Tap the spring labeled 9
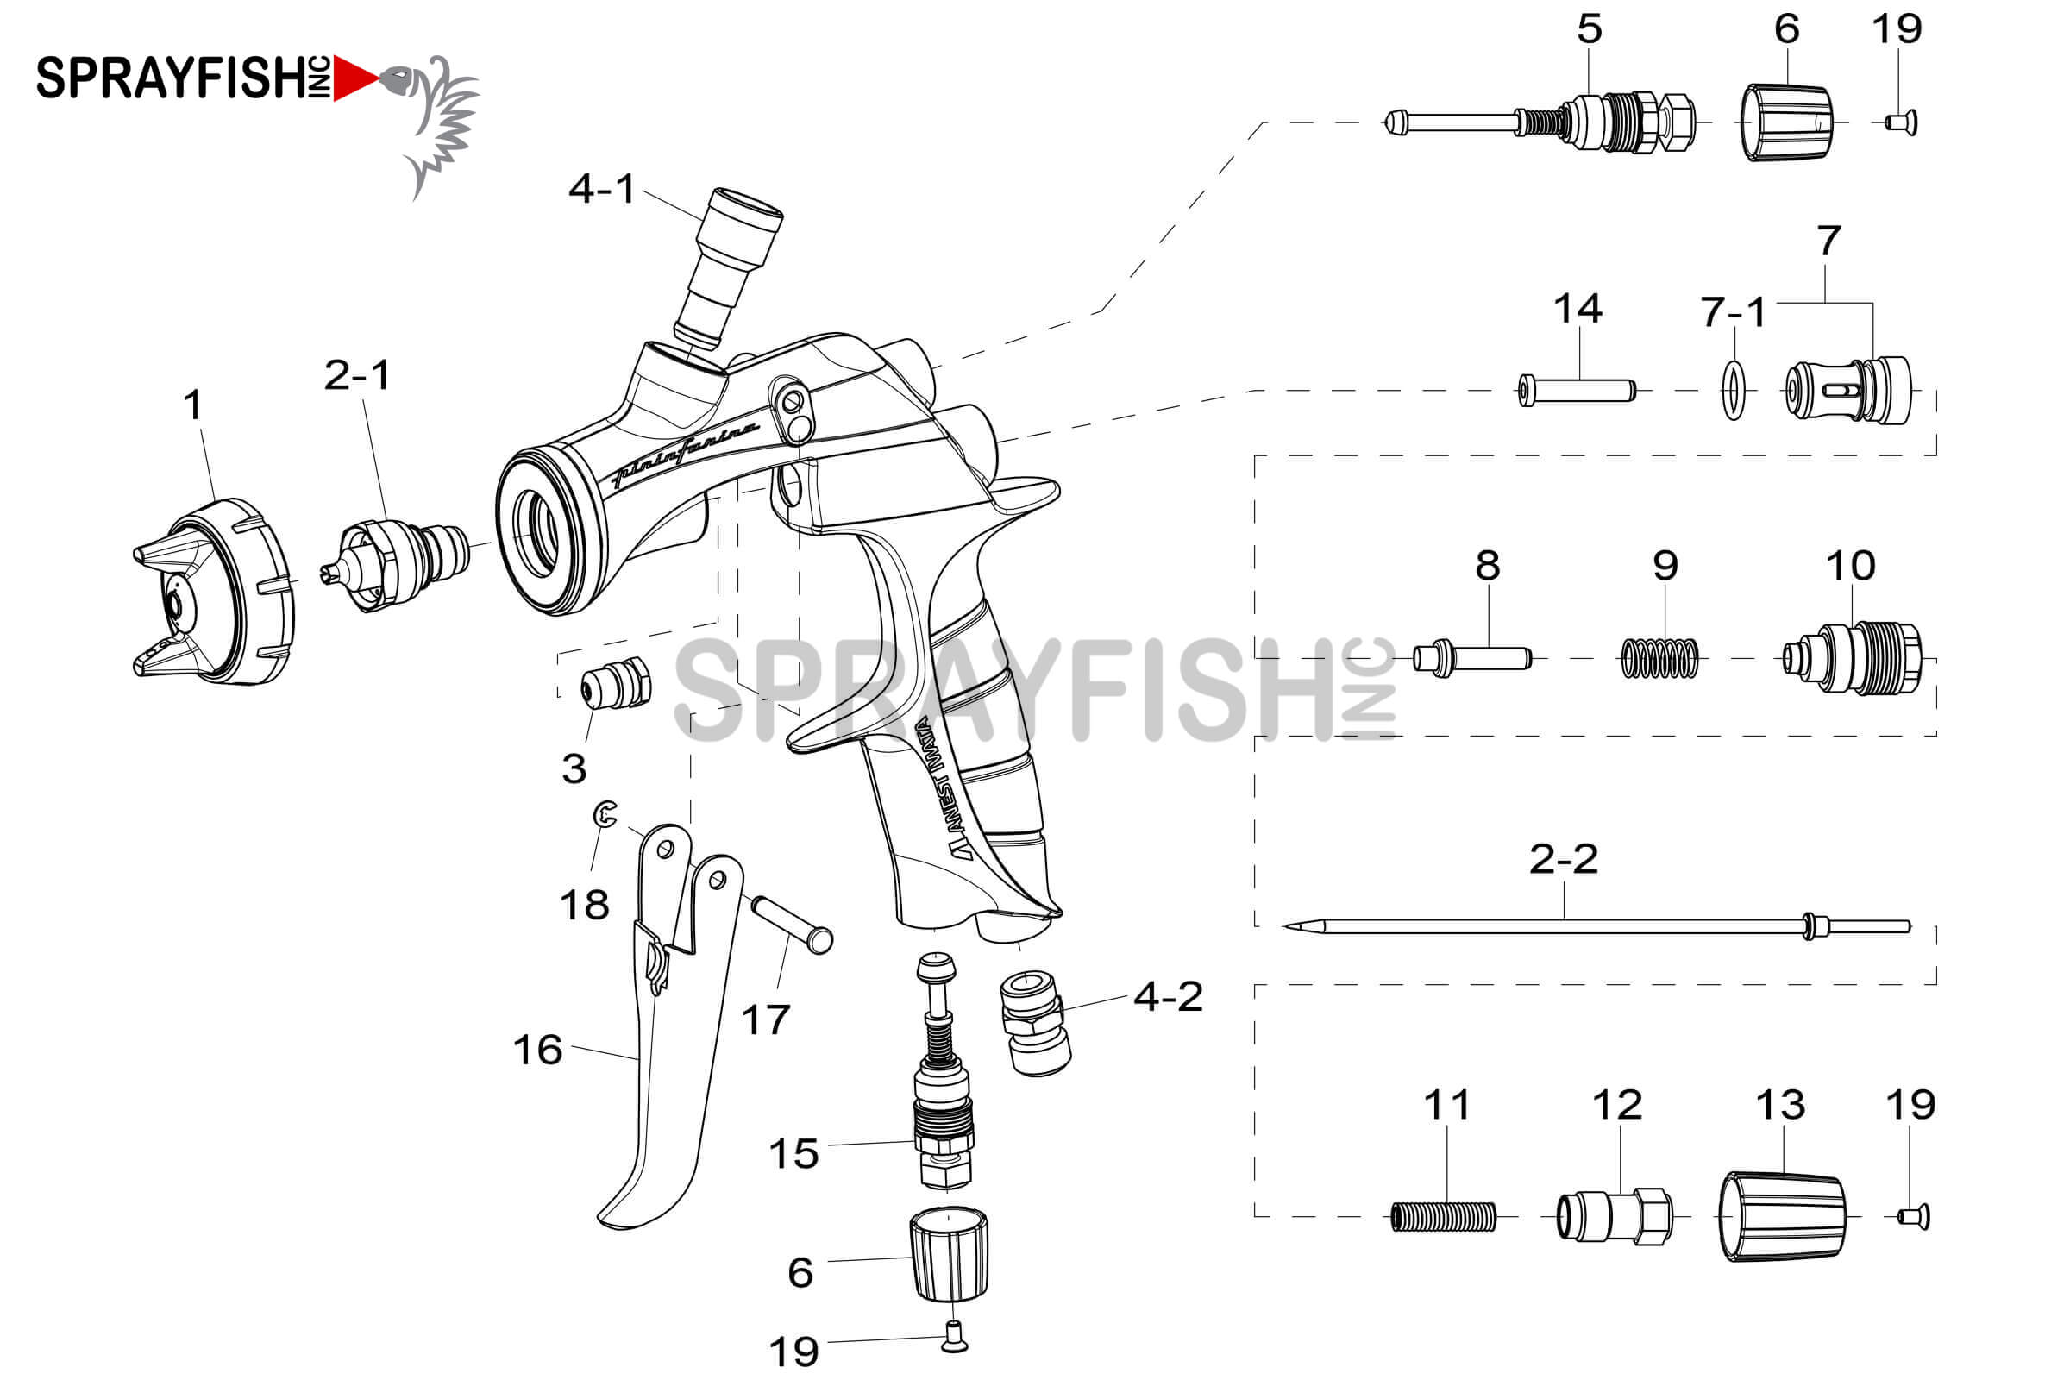tap(1659, 658)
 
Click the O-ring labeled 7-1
tap(1734, 390)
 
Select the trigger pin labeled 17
tap(790, 923)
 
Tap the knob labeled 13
tap(1782, 1217)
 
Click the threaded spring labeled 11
tap(1443, 1217)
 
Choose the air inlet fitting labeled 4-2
tap(1037, 1023)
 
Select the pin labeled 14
tap(1578, 390)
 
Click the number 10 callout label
tap(1850, 566)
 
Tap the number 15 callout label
tap(793, 1154)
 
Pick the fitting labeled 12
tap(1614, 1217)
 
